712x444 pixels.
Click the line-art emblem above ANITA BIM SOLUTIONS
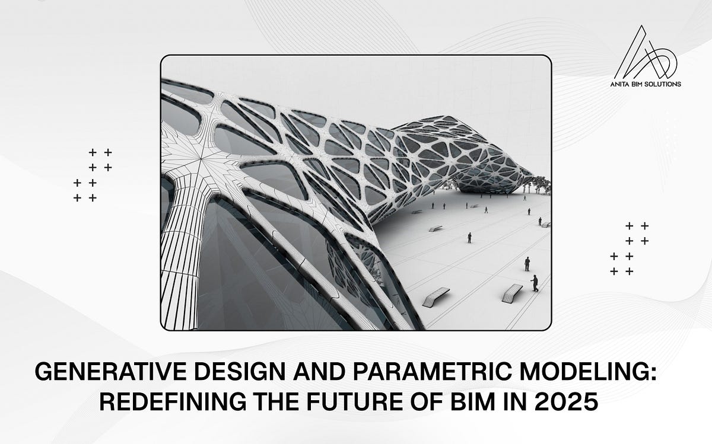pyautogui.click(x=650, y=54)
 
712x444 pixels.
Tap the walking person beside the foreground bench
pyautogui.click(x=535, y=283)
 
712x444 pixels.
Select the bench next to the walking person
pyautogui.click(x=511, y=293)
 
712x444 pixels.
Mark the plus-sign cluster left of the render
pyautogui.click(x=93, y=175)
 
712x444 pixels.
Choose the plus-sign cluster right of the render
pyautogui.click(x=630, y=248)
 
